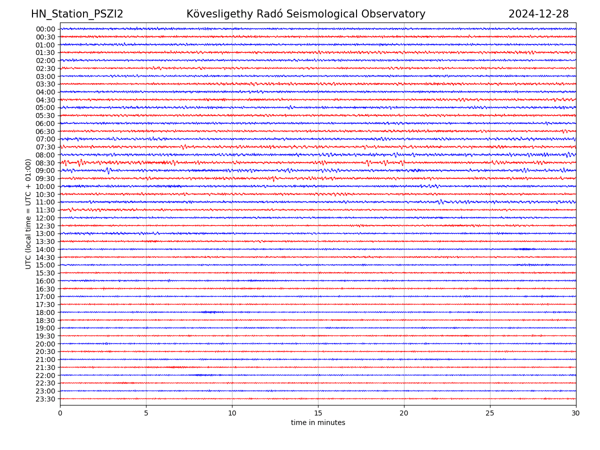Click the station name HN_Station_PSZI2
(77, 14)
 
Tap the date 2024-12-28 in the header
(538, 14)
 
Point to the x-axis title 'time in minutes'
(318, 422)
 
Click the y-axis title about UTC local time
(28, 213)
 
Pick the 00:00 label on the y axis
(45, 29)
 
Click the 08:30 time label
(45, 163)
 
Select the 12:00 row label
(45, 218)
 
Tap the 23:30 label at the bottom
(45, 399)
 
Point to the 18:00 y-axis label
(45, 312)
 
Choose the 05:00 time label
(45, 107)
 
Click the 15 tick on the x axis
(318, 413)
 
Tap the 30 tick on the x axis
(576, 413)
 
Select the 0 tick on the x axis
(60, 413)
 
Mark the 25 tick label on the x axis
(490, 413)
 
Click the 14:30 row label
(45, 257)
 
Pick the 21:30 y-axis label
(45, 367)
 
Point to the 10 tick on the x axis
(232, 413)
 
